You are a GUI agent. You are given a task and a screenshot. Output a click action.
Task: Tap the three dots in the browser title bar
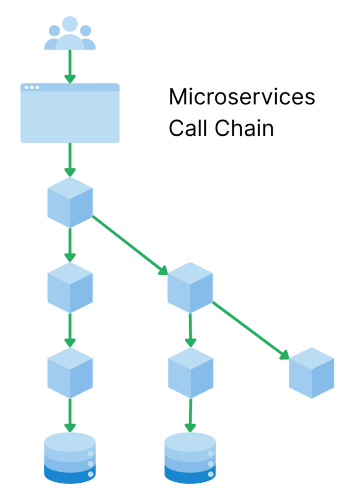[32, 88]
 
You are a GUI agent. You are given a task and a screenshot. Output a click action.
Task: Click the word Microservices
[241, 97]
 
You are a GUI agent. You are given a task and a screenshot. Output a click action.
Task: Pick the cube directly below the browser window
[70, 202]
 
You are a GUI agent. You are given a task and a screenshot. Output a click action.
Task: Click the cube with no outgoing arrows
[311, 373]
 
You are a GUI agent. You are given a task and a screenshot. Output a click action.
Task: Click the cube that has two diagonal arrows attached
[190, 287]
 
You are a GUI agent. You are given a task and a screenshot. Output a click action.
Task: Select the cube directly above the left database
[70, 373]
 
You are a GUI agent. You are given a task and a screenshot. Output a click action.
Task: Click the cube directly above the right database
[190, 373]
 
